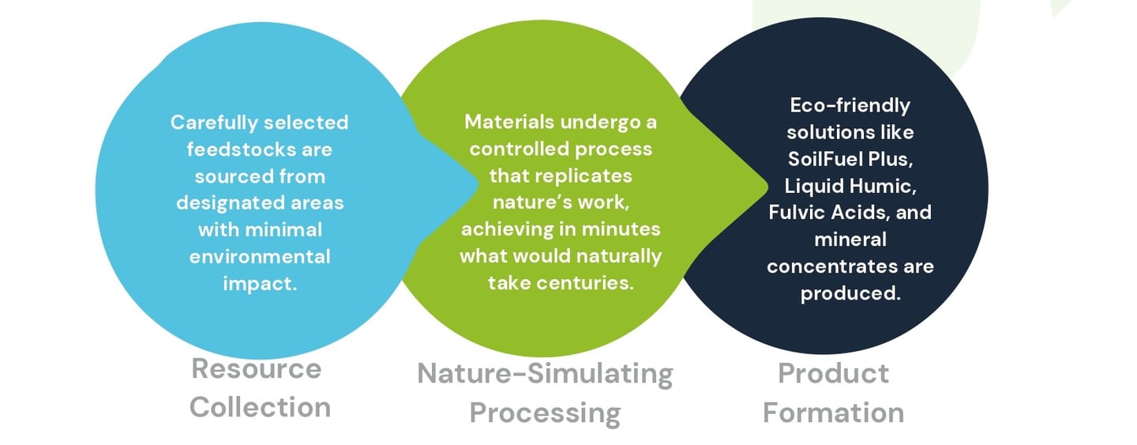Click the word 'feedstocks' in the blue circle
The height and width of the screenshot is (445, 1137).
click(x=223, y=149)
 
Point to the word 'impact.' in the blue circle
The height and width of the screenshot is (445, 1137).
click(x=260, y=283)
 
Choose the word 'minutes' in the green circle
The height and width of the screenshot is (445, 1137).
click(x=625, y=229)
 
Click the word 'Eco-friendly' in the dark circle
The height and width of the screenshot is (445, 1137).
click(x=850, y=105)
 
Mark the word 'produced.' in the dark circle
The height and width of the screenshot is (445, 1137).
click(x=850, y=293)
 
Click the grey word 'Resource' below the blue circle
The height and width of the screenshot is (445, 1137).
click(x=257, y=369)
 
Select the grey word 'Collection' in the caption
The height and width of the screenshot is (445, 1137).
click(x=260, y=407)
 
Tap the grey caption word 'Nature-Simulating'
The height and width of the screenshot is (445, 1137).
click(x=545, y=373)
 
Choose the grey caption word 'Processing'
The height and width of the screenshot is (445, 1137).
click(x=545, y=412)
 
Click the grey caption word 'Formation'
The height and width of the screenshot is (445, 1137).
click(x=833, y=412)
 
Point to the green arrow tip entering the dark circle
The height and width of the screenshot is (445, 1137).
click(x=764, y=187)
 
